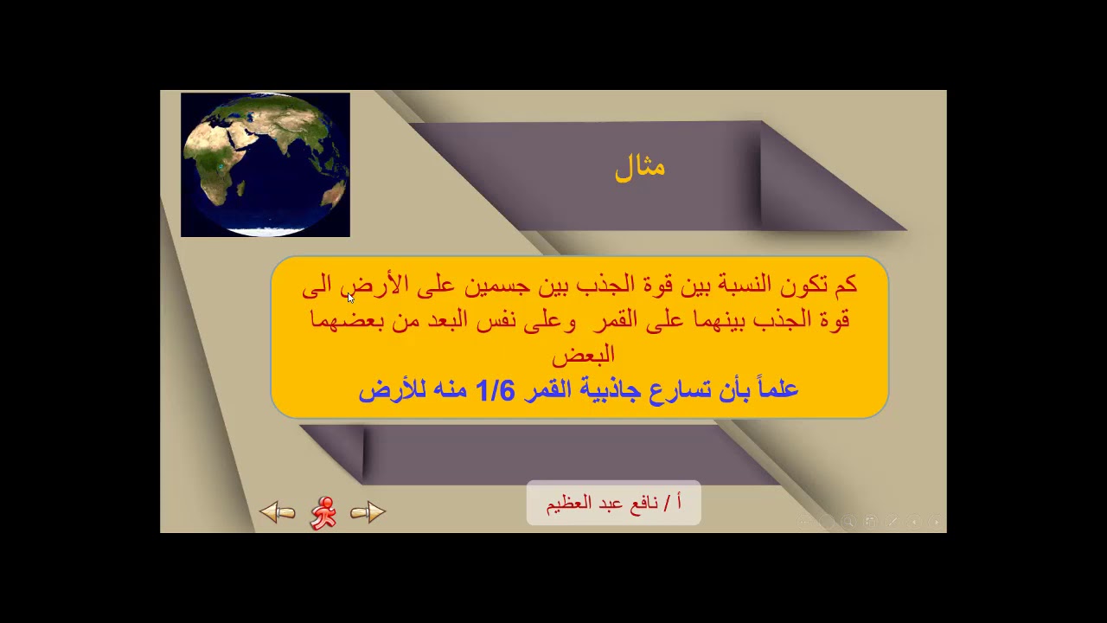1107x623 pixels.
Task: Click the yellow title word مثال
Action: point(640,166)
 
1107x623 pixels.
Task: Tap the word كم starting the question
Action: point(844,285)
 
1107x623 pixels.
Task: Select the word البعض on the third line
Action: point(583,354)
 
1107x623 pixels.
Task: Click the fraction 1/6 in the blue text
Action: point(495,390)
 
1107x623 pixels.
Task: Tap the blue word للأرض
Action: point(383,390)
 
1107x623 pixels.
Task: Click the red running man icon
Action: point(323,512)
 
